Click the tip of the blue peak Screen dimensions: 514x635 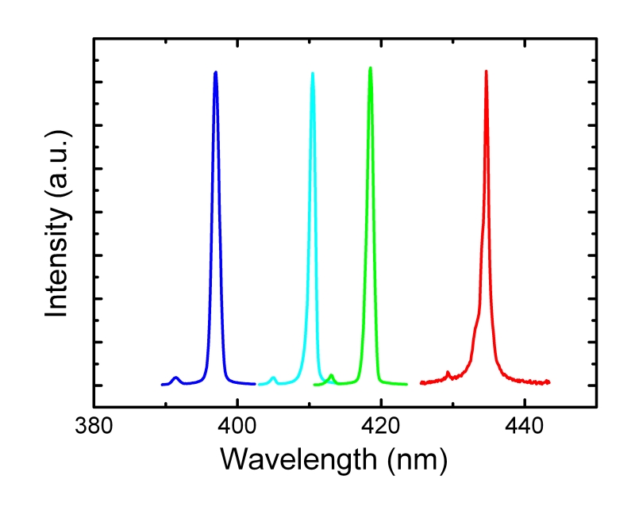pyautogui.click(x=215, y=72)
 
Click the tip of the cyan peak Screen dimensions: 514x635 pyautogui.click(x=313, y=73)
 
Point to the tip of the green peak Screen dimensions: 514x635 pyautogui.click(x=370, y=68)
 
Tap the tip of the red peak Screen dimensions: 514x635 pyautogui.click(x=486, y=71)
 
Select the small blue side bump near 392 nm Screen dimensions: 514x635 pyautogui.click(x=176, y=378)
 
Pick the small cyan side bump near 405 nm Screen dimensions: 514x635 pyautogui.click(x=273, y=378)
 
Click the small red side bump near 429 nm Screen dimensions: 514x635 pyautogui.click(x=448, y=372)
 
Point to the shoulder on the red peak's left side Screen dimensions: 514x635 pyautogui.click(x=476, y=325)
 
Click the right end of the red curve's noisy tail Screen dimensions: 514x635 pyautogui.click(x=549, y=382)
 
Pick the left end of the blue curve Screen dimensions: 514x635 pyautogui.click(x=162, y=385)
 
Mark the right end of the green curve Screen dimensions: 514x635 pyautogui.click(x=406, y=384)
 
